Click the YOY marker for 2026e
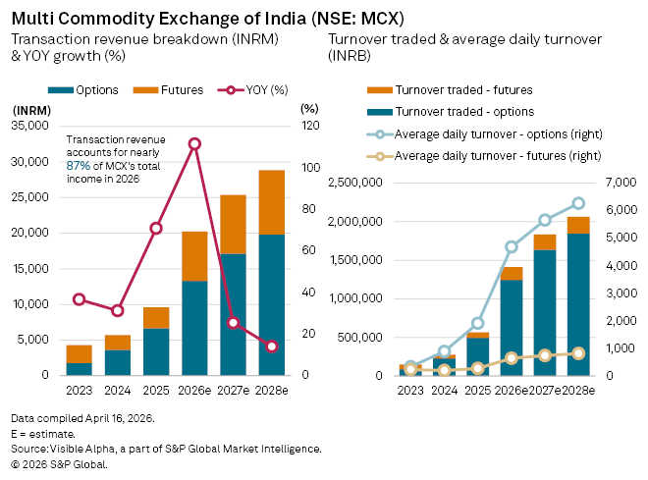point(194,143)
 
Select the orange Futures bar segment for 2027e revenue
point(233,224)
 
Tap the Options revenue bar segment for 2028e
point(271,304)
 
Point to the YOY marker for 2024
point(118,310)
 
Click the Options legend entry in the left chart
point(89,89)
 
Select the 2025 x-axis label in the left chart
point(156,389)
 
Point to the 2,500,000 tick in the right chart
point(355,183)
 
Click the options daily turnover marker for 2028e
point(578,203)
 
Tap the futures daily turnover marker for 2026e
point(512,358)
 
